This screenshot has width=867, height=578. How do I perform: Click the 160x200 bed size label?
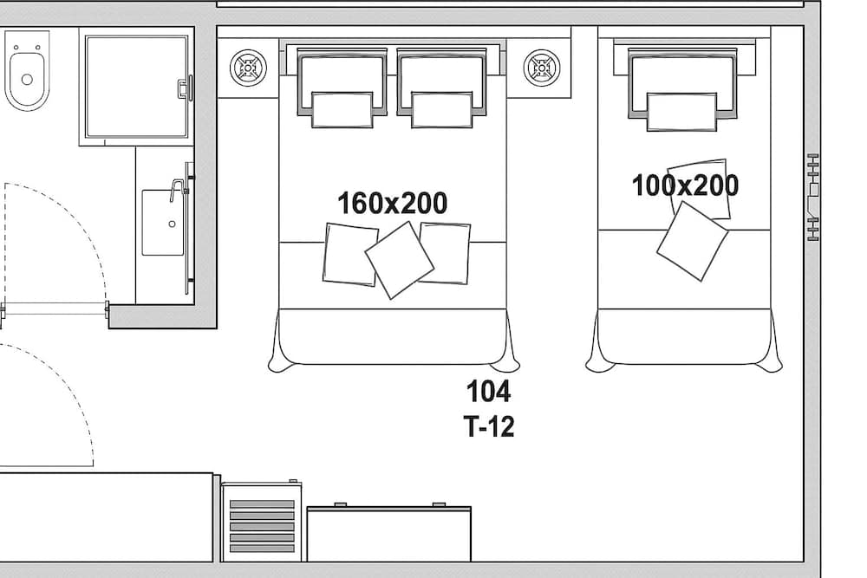(392, 204)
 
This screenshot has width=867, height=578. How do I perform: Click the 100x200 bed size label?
(685, 185)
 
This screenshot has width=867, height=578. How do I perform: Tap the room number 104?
(489, 392)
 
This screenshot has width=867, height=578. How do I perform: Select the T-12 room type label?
(489, 426)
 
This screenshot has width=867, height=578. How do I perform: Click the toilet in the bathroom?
(27, 75)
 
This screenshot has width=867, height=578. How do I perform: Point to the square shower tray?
(136, 86)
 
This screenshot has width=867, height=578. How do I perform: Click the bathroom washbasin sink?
(163, 223)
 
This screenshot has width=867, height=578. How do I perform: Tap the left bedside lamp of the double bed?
(248, 68)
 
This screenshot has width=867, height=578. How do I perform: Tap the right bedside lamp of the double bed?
(542, 68)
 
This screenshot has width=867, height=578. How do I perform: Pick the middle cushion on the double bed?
(399, 259)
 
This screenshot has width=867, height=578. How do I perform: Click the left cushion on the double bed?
(349, 254)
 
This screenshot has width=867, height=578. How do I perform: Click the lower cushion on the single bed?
(691, 241)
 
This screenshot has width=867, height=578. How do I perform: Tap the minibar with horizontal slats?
(261, 523)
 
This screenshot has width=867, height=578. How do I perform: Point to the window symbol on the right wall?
(812, 197)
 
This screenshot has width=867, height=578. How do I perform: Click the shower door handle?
(184, 88)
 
